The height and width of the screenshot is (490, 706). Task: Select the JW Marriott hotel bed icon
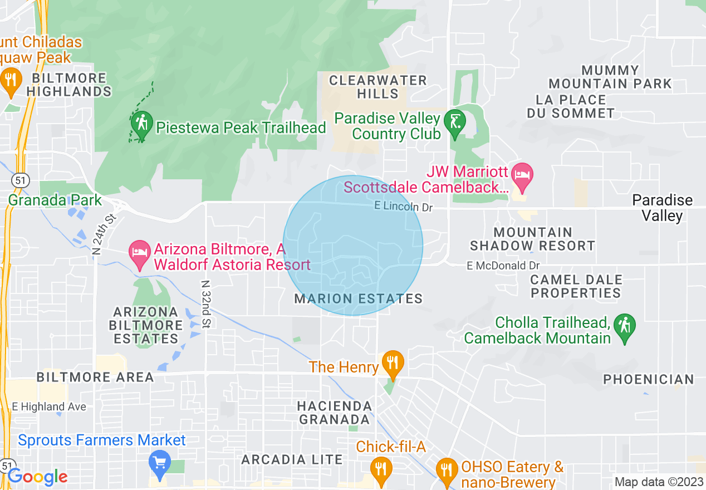click(x=523, y=175)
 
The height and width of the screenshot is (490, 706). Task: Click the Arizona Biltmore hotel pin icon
click(x=139, y=252)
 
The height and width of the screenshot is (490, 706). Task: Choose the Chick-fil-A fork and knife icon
click(x=381, y=467)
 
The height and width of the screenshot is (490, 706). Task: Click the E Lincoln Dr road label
click(x=403, y=207)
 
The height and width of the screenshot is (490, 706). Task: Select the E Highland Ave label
click(x=49, y=407)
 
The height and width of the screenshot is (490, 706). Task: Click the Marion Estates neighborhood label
click(x=359, y=299)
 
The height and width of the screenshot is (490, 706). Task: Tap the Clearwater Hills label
click(x=377, y=87)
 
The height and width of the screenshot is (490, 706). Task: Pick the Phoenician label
click(x=649, y=379)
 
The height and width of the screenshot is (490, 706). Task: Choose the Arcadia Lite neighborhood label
click(x=292, y=459)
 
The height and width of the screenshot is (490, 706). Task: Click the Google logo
click(x=37, y=477)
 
